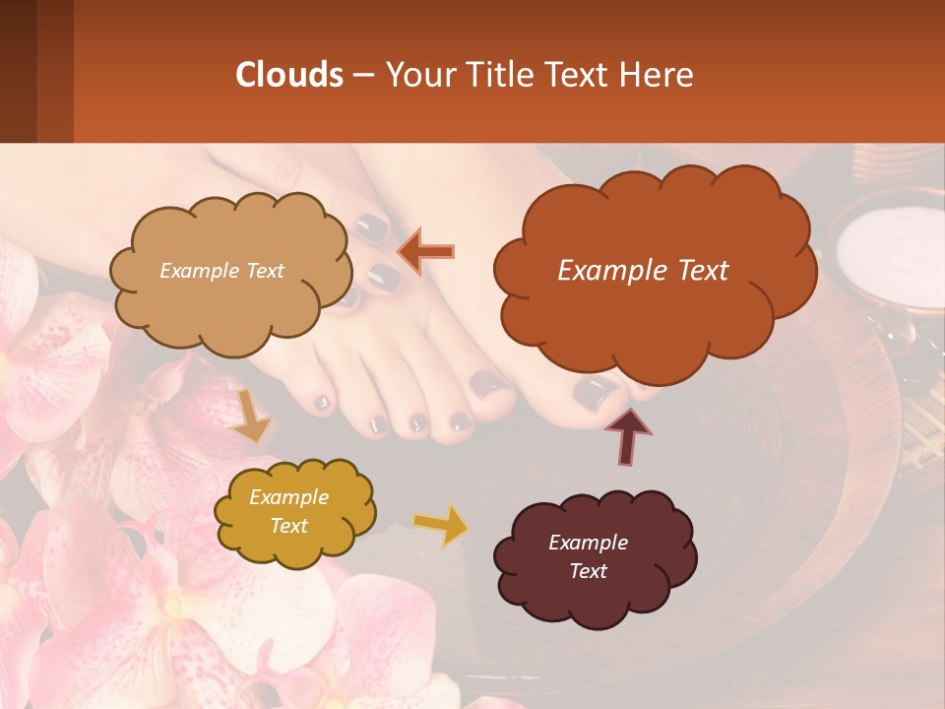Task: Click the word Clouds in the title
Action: point(288,75)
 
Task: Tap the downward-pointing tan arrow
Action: point(252,415)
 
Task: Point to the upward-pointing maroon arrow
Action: point(627,435)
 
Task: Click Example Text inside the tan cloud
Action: point(221,271)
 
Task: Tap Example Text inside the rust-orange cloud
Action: point(643,271)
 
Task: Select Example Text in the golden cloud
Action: point(288,511)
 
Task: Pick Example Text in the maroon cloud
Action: point(588,556)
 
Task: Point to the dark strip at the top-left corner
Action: point(36,71)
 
